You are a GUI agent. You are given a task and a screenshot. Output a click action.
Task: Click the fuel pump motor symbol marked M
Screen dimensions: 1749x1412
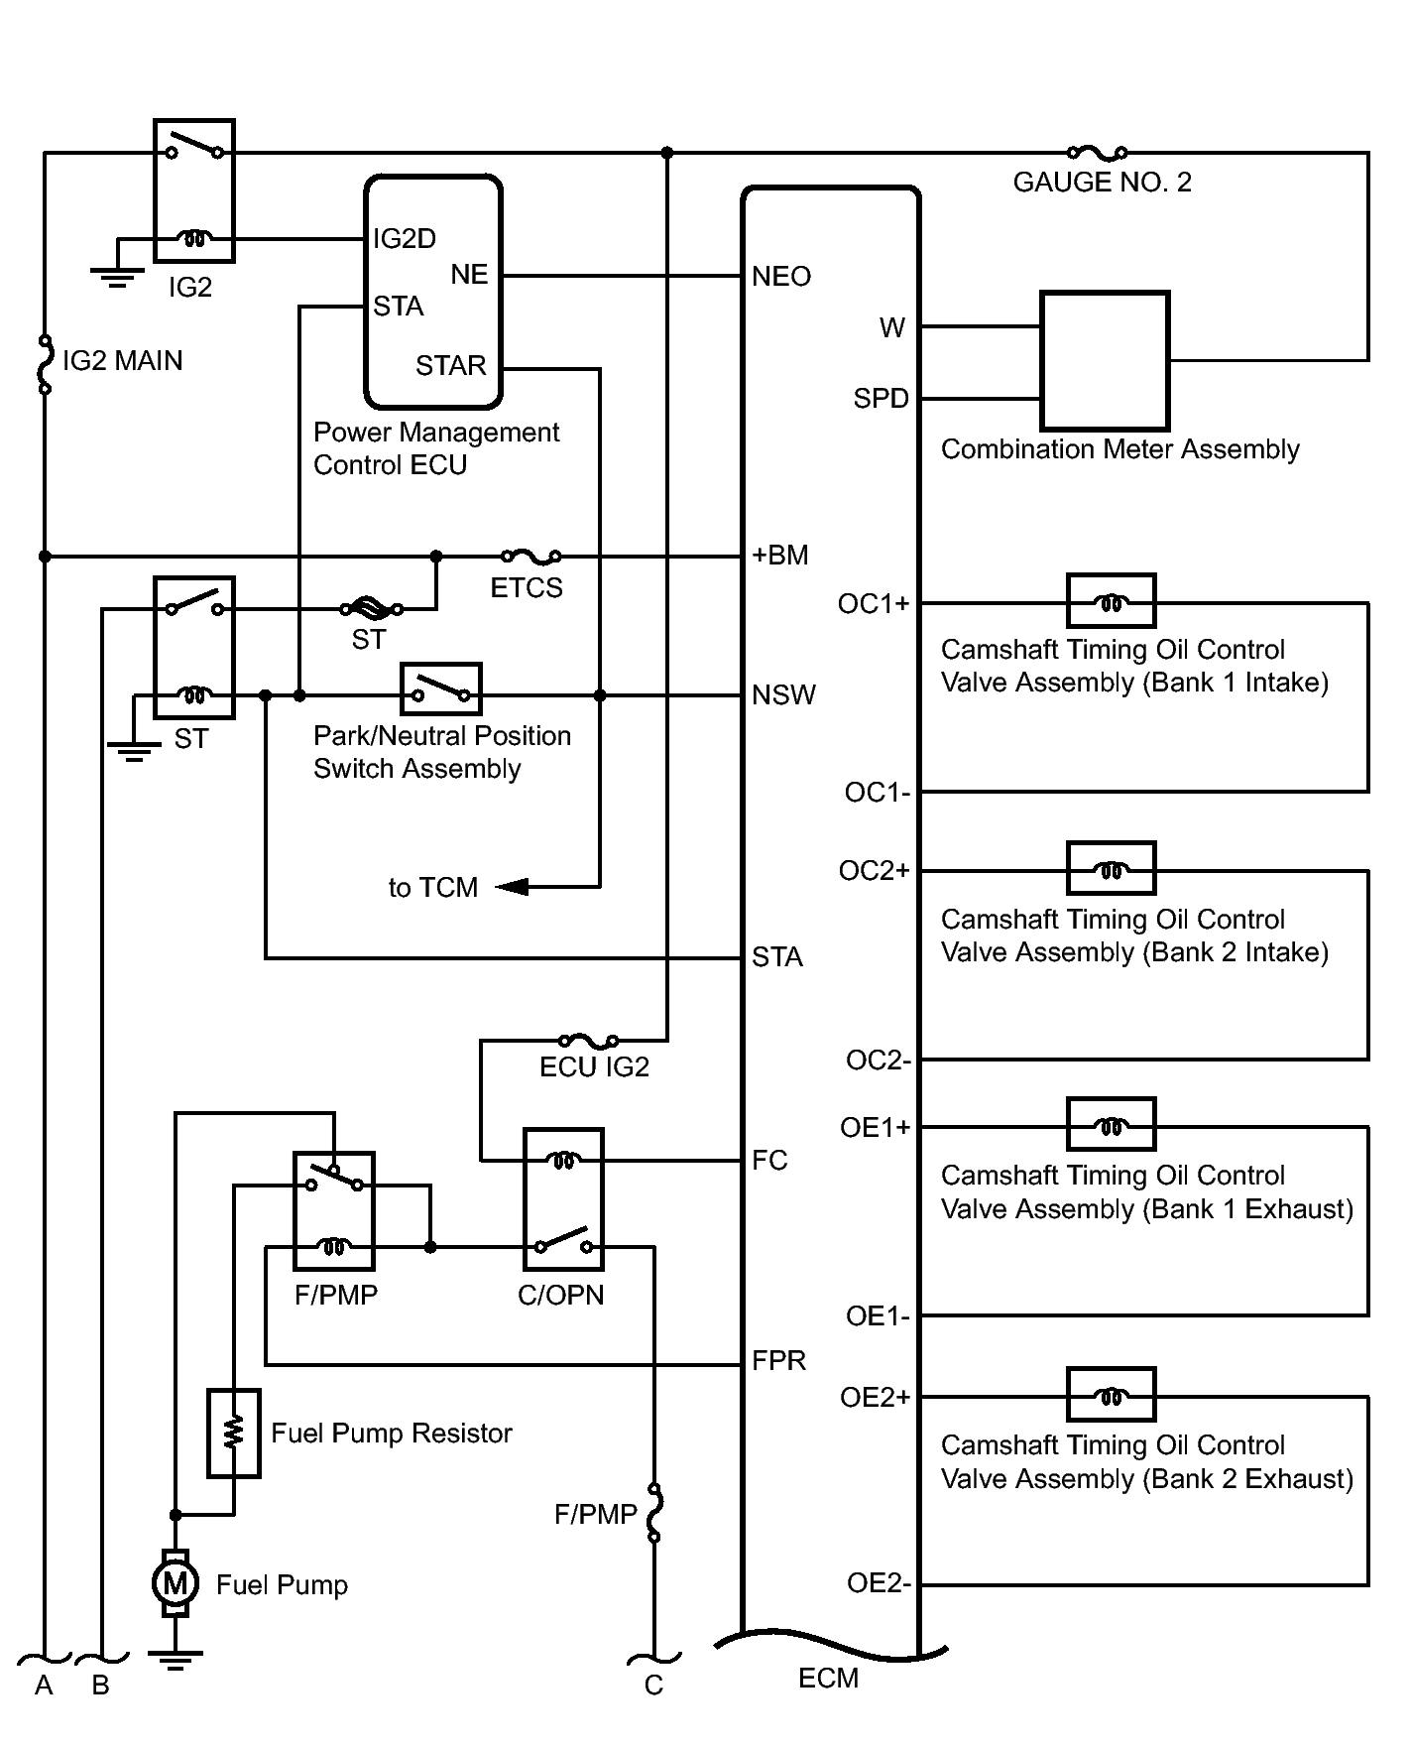point(175,1583)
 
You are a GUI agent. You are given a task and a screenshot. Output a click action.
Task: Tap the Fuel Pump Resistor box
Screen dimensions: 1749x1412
point(234,1434)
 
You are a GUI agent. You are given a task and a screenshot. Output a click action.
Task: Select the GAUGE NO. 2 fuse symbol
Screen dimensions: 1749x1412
point(1098,153)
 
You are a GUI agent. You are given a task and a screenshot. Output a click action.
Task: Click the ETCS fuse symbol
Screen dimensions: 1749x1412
point(531,557)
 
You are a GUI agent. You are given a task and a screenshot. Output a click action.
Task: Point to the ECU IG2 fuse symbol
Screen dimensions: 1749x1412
point(589,1041)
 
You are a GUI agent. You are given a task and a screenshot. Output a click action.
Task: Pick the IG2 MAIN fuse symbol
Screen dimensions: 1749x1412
point(45,365)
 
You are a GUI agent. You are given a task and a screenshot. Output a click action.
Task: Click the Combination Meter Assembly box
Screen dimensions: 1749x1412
point(1105,360)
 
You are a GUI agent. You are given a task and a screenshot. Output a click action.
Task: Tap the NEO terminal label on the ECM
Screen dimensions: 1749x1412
point(781,277)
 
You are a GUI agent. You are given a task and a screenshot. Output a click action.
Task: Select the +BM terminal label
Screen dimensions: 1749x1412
point(780,556)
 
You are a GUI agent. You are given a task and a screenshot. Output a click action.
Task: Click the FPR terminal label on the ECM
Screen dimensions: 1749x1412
point(779,1360)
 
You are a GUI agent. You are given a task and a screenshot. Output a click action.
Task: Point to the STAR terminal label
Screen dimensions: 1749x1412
point(451,366)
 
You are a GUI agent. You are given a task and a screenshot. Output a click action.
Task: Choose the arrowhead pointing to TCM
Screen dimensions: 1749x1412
point(512,886)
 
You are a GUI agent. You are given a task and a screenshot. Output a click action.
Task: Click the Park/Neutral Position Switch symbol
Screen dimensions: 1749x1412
point(441,689)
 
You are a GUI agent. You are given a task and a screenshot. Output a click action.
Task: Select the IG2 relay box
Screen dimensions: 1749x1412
point(194,190)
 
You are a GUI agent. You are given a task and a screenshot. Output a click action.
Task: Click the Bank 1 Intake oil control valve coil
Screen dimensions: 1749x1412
point(1112,601)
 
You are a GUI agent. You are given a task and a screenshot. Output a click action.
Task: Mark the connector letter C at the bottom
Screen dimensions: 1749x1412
point(653,1686)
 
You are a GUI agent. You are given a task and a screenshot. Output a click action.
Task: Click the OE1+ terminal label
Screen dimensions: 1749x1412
point(875,1128)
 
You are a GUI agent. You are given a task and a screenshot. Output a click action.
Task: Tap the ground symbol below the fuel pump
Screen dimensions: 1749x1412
point(175,1660)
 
